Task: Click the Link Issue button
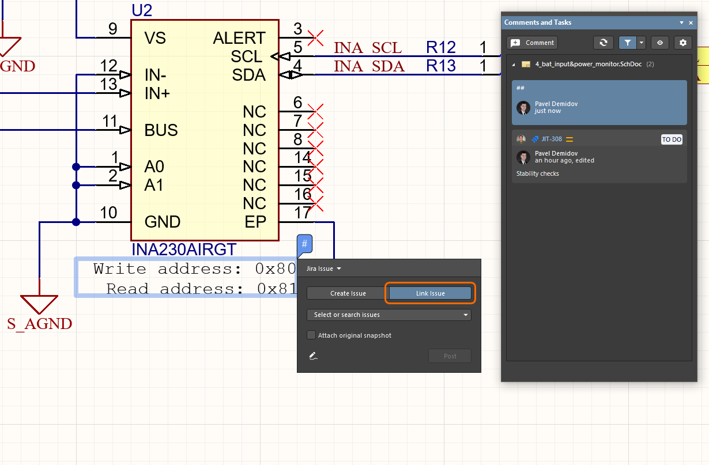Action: pyautogui.click(x=430, y=293)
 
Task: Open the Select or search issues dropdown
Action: pyautogui.click(x=389, y=315)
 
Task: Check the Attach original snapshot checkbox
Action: pyautogui.click(x=312, y=335)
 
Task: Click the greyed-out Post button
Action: pyautogui.click(x=450, y=356)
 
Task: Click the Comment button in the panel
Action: pyautogui.click(x=533, y=43)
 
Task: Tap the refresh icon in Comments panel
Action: pyautogui.click(x=604, y=43)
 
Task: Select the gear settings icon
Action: pyautogui.click(x=683, y=43)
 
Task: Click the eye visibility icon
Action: pyautogui.click(x=660, y=43)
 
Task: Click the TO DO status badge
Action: pyautogui.click(x=672, y=139)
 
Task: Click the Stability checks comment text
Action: pyautogui.click(x=538, y=173)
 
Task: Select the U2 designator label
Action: pyautogui.click(x=142, y=10)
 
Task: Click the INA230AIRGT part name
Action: pyautogui.click(x=184, y=249)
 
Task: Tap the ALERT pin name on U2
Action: pyautogui.click(x=239, y=38)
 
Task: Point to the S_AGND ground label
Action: pyautogui.click(x=40, y=324)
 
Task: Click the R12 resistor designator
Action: pyautogui.click(x=441, y=47)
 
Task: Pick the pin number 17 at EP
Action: pyautogui.click(x=303, y=213)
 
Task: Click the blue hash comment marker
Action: pyautogui.click(x=305, y=244)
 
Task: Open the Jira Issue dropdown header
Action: pyautogui.click(x=323, y=269)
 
